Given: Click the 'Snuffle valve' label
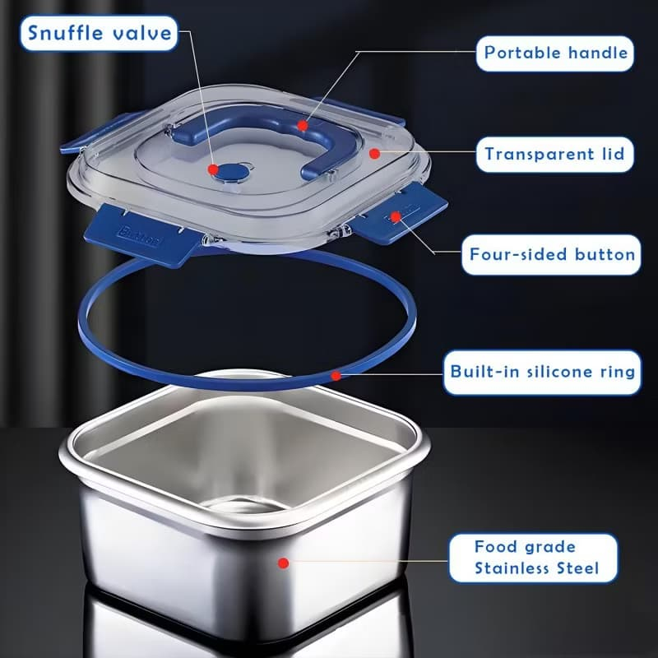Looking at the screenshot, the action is (99, 34).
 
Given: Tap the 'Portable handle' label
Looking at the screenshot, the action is (554, 53).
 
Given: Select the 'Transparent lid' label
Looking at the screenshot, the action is (554, 154).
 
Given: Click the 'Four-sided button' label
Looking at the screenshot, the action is (551, 255).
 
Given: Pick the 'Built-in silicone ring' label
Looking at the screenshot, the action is (542, 373).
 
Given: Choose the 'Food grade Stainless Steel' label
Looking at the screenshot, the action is (533, 558).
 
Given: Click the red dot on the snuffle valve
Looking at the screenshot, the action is (213, 169).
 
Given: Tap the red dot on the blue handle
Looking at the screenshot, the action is (303, 126).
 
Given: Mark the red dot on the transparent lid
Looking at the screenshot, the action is (375, 154).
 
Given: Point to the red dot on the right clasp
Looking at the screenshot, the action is (396, 216).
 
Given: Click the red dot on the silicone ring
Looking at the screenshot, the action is (336, 376).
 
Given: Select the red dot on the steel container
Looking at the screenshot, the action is (284, 563).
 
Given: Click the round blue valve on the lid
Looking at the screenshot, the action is (232, 172).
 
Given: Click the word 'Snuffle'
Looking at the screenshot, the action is (65, 34).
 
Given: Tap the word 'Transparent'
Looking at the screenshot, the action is (540, 154).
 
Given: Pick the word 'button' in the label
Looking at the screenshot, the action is (605, 254).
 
